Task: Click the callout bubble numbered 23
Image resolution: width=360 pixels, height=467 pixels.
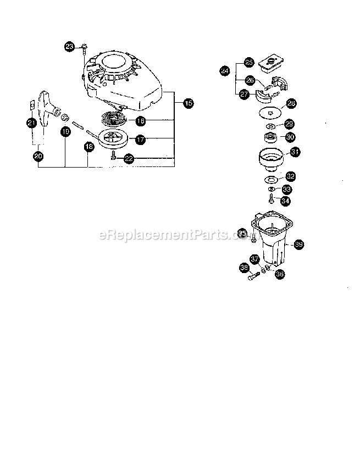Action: (x=69, y=47)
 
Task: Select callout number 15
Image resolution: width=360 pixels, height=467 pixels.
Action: (x=187, y=103)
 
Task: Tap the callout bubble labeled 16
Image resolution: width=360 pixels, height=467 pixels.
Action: (x=141, y=120)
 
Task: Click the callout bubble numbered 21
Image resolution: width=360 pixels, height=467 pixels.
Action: (x=31, y=123)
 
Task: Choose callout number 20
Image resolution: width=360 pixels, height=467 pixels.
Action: (x=38, y=156)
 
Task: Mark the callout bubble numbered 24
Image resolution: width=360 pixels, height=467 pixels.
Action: (x=224, y=71)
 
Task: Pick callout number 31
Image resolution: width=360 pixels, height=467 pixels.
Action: (x=295, y=152)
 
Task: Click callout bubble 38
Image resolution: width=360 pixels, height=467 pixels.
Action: (x=244, y=268)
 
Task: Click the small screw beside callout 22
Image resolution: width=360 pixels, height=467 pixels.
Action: (x=113, y=157)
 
